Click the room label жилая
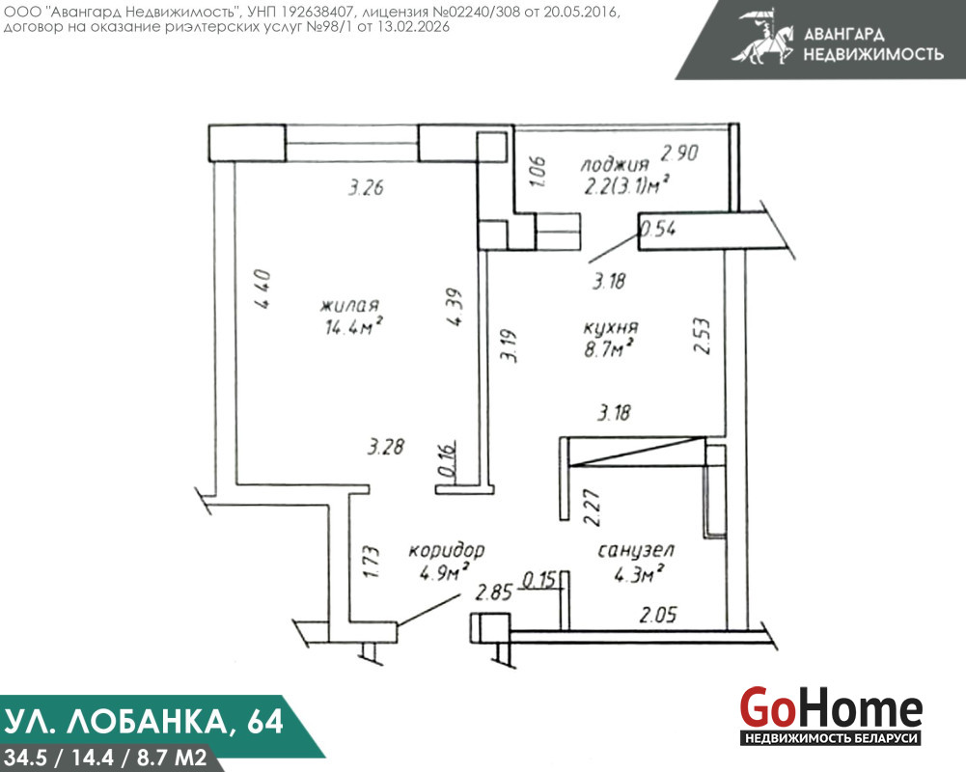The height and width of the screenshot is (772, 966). tap(349, 306)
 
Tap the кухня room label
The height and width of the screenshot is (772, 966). tap(611, 327)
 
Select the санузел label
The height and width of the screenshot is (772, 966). tap(636, 550)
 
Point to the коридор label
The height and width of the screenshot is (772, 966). tap(447, 550)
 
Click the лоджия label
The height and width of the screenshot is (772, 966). tap(615, 164)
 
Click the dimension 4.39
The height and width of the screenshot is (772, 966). tap(455, 307)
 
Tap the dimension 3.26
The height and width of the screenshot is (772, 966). tap(366, 187)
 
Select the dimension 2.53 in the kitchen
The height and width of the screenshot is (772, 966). tap(702, 336)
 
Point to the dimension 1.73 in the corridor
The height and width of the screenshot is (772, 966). tap(371, 562)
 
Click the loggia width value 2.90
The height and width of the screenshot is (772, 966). tap(679, 152)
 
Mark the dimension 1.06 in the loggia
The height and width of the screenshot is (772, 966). tap(538, 172)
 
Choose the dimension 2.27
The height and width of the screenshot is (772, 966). tap(592, 508)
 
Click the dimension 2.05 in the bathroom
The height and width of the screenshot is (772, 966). tap(658, 615)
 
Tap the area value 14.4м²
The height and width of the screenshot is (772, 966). tap(354, 326)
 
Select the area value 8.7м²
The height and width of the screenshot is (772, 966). tap(609, 349)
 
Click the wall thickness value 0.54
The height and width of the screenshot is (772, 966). tap(658, 229)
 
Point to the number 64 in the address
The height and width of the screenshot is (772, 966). tap(265, 722)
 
